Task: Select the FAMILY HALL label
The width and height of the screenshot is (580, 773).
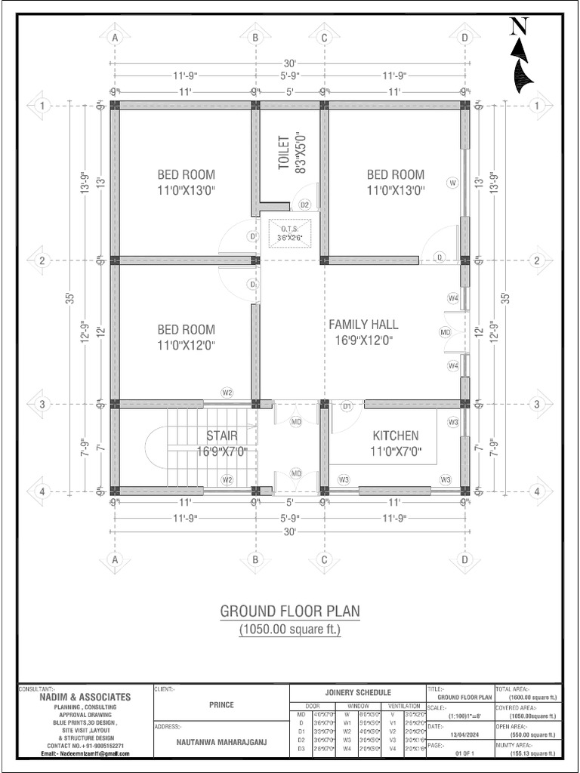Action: (363, 332)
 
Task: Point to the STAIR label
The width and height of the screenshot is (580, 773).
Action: (222, 443)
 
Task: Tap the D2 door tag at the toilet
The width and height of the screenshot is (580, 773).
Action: (305, 205)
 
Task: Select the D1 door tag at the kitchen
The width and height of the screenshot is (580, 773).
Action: (347, 407)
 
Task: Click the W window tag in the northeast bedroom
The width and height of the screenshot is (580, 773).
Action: (453, 183)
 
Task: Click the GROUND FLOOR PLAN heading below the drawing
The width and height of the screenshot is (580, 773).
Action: (289, 610)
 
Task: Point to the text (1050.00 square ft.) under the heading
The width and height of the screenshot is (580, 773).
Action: (289, 628)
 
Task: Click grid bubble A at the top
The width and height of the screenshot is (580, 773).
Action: (116, 37)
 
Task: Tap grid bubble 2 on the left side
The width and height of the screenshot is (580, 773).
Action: (42, 260)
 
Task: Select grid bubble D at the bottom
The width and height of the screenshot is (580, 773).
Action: (464, 559)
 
